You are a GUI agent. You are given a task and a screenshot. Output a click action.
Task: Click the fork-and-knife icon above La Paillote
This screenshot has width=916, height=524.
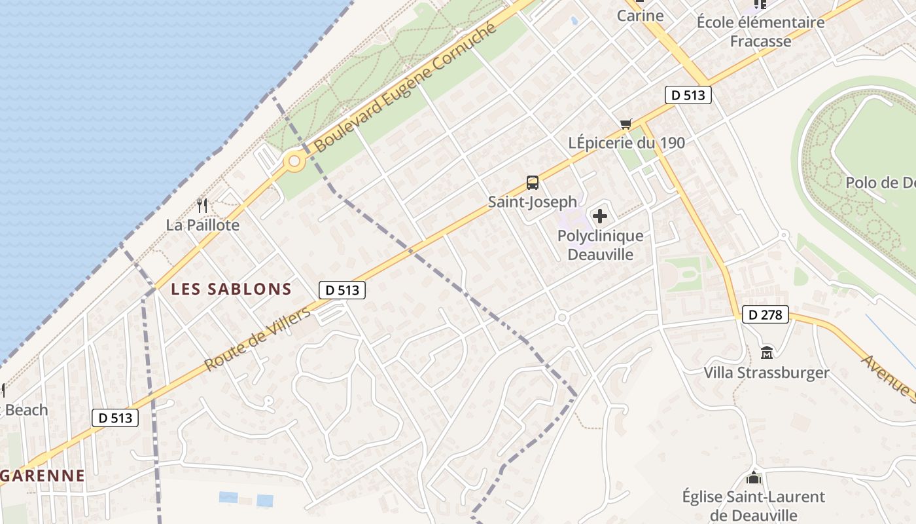point(202,206)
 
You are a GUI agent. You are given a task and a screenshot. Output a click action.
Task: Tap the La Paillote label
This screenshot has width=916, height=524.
point(203,225)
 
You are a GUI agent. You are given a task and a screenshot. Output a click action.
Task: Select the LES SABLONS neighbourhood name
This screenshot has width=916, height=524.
point(231,289)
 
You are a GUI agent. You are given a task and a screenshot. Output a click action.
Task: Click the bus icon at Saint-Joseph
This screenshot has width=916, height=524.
point(533,183)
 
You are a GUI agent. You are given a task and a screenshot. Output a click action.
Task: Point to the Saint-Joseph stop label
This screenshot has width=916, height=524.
point(533,202)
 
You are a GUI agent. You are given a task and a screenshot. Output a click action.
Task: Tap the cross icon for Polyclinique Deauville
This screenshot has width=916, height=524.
point(600,216)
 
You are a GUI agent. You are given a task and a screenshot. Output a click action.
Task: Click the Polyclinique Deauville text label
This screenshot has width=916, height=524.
point(600,245)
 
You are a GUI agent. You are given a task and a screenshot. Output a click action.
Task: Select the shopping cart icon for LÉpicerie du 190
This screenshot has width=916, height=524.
point(626,124)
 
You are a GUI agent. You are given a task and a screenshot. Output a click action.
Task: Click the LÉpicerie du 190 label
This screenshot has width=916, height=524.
point(627,143)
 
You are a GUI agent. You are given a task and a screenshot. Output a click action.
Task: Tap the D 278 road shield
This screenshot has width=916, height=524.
point(765,315)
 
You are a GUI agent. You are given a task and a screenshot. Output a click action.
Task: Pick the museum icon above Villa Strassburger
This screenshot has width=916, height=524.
point(767,353)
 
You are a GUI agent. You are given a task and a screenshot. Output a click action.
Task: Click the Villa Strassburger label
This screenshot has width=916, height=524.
point(766,373)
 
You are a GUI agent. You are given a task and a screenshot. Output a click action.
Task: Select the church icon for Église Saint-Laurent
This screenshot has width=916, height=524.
point(754,477)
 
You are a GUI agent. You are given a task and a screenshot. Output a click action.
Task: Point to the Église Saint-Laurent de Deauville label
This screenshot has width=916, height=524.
point(753,506)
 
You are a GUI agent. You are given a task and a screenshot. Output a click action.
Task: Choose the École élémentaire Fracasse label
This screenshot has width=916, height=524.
point(760,31)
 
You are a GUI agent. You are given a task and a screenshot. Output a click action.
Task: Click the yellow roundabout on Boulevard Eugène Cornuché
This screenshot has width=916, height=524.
point(294,160)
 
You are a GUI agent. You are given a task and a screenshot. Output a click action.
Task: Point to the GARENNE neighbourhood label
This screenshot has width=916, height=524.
point(43,476)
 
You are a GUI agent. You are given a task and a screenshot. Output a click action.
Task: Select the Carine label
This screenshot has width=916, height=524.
point(640,16)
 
